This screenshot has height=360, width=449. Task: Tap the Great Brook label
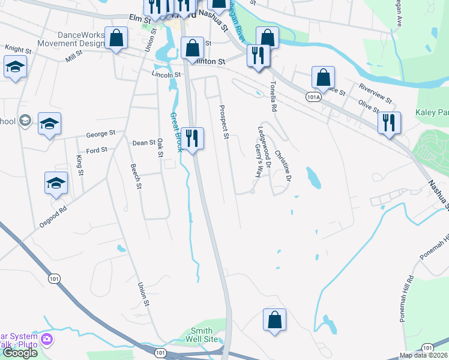(175, 132)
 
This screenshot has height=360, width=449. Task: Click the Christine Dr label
(283, 166)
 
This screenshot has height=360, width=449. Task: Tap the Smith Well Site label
(202, 335)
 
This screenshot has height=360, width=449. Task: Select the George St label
(100, 134)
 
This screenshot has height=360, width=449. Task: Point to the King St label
(79, 165)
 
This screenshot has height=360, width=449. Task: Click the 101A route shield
(313, 97)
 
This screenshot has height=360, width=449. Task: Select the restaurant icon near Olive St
(390, 123)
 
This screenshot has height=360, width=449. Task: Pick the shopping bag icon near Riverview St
(323, 77)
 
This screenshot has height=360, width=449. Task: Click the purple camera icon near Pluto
(47, 340)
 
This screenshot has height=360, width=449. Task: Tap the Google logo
(20, 353)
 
